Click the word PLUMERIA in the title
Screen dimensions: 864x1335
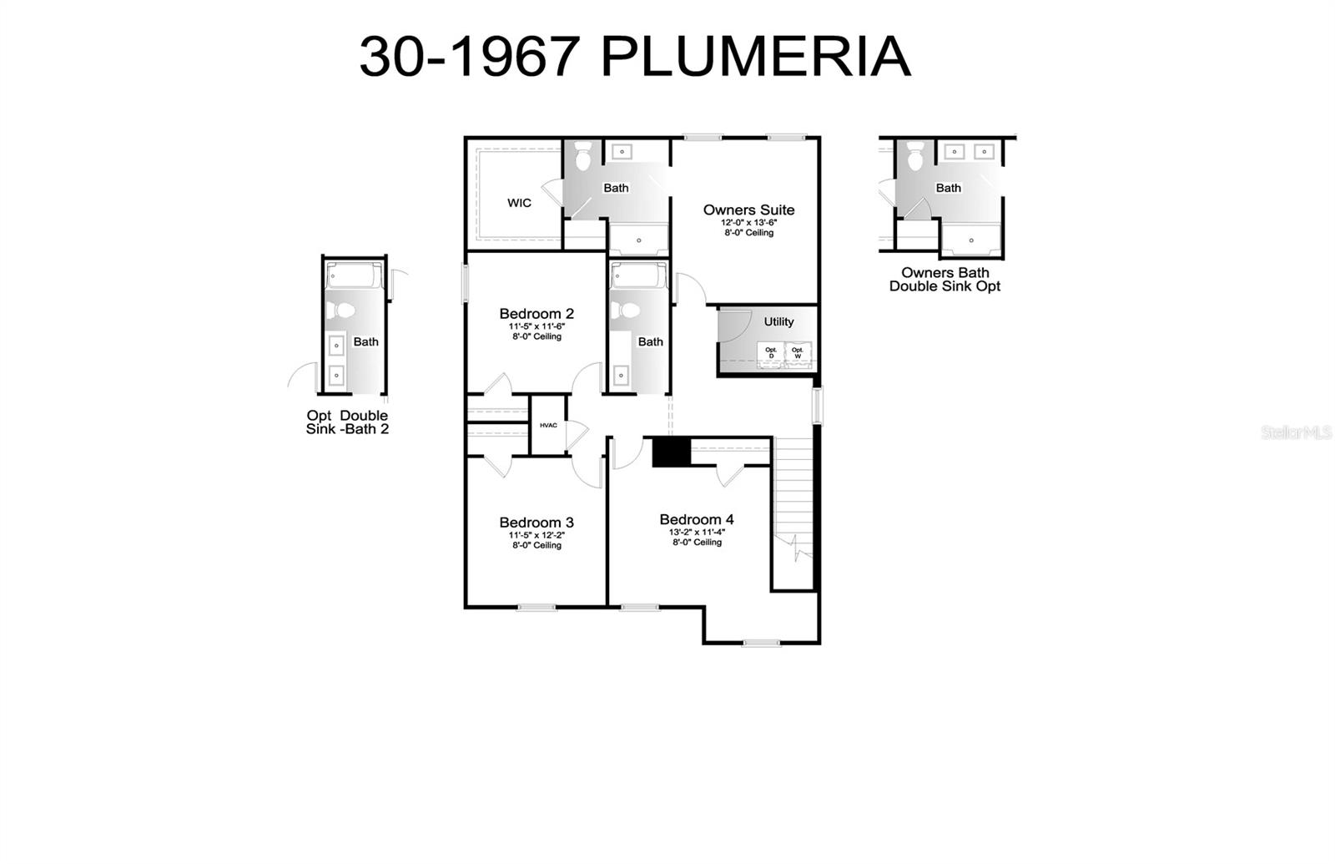tap(755, 58)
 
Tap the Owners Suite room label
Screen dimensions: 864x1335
tap(748, 210)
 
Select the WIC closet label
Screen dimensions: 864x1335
tap(519, 203)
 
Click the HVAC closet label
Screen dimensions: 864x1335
tap(548, 426)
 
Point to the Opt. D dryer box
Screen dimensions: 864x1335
tap(771, 353)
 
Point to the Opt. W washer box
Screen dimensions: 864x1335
tap(798, 353)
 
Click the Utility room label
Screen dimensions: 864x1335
tap(778, 321)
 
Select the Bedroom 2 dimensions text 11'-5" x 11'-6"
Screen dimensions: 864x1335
tap(537, 326)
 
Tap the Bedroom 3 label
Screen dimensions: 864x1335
tap(537, 523)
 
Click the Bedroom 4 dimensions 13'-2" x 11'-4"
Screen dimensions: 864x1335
tap(697, 532)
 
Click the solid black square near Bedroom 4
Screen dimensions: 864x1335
tap(671, 452)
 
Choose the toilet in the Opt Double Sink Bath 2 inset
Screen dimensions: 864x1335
tap(340, 311)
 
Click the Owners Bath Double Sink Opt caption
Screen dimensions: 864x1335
tap(945, 279)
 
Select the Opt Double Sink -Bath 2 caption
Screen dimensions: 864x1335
tap(347, 422)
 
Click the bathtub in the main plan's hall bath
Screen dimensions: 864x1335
tap(638, 276)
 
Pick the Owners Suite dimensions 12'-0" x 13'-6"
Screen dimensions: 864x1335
tap(748, 223)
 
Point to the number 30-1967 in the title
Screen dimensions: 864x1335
tap(469, 58)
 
